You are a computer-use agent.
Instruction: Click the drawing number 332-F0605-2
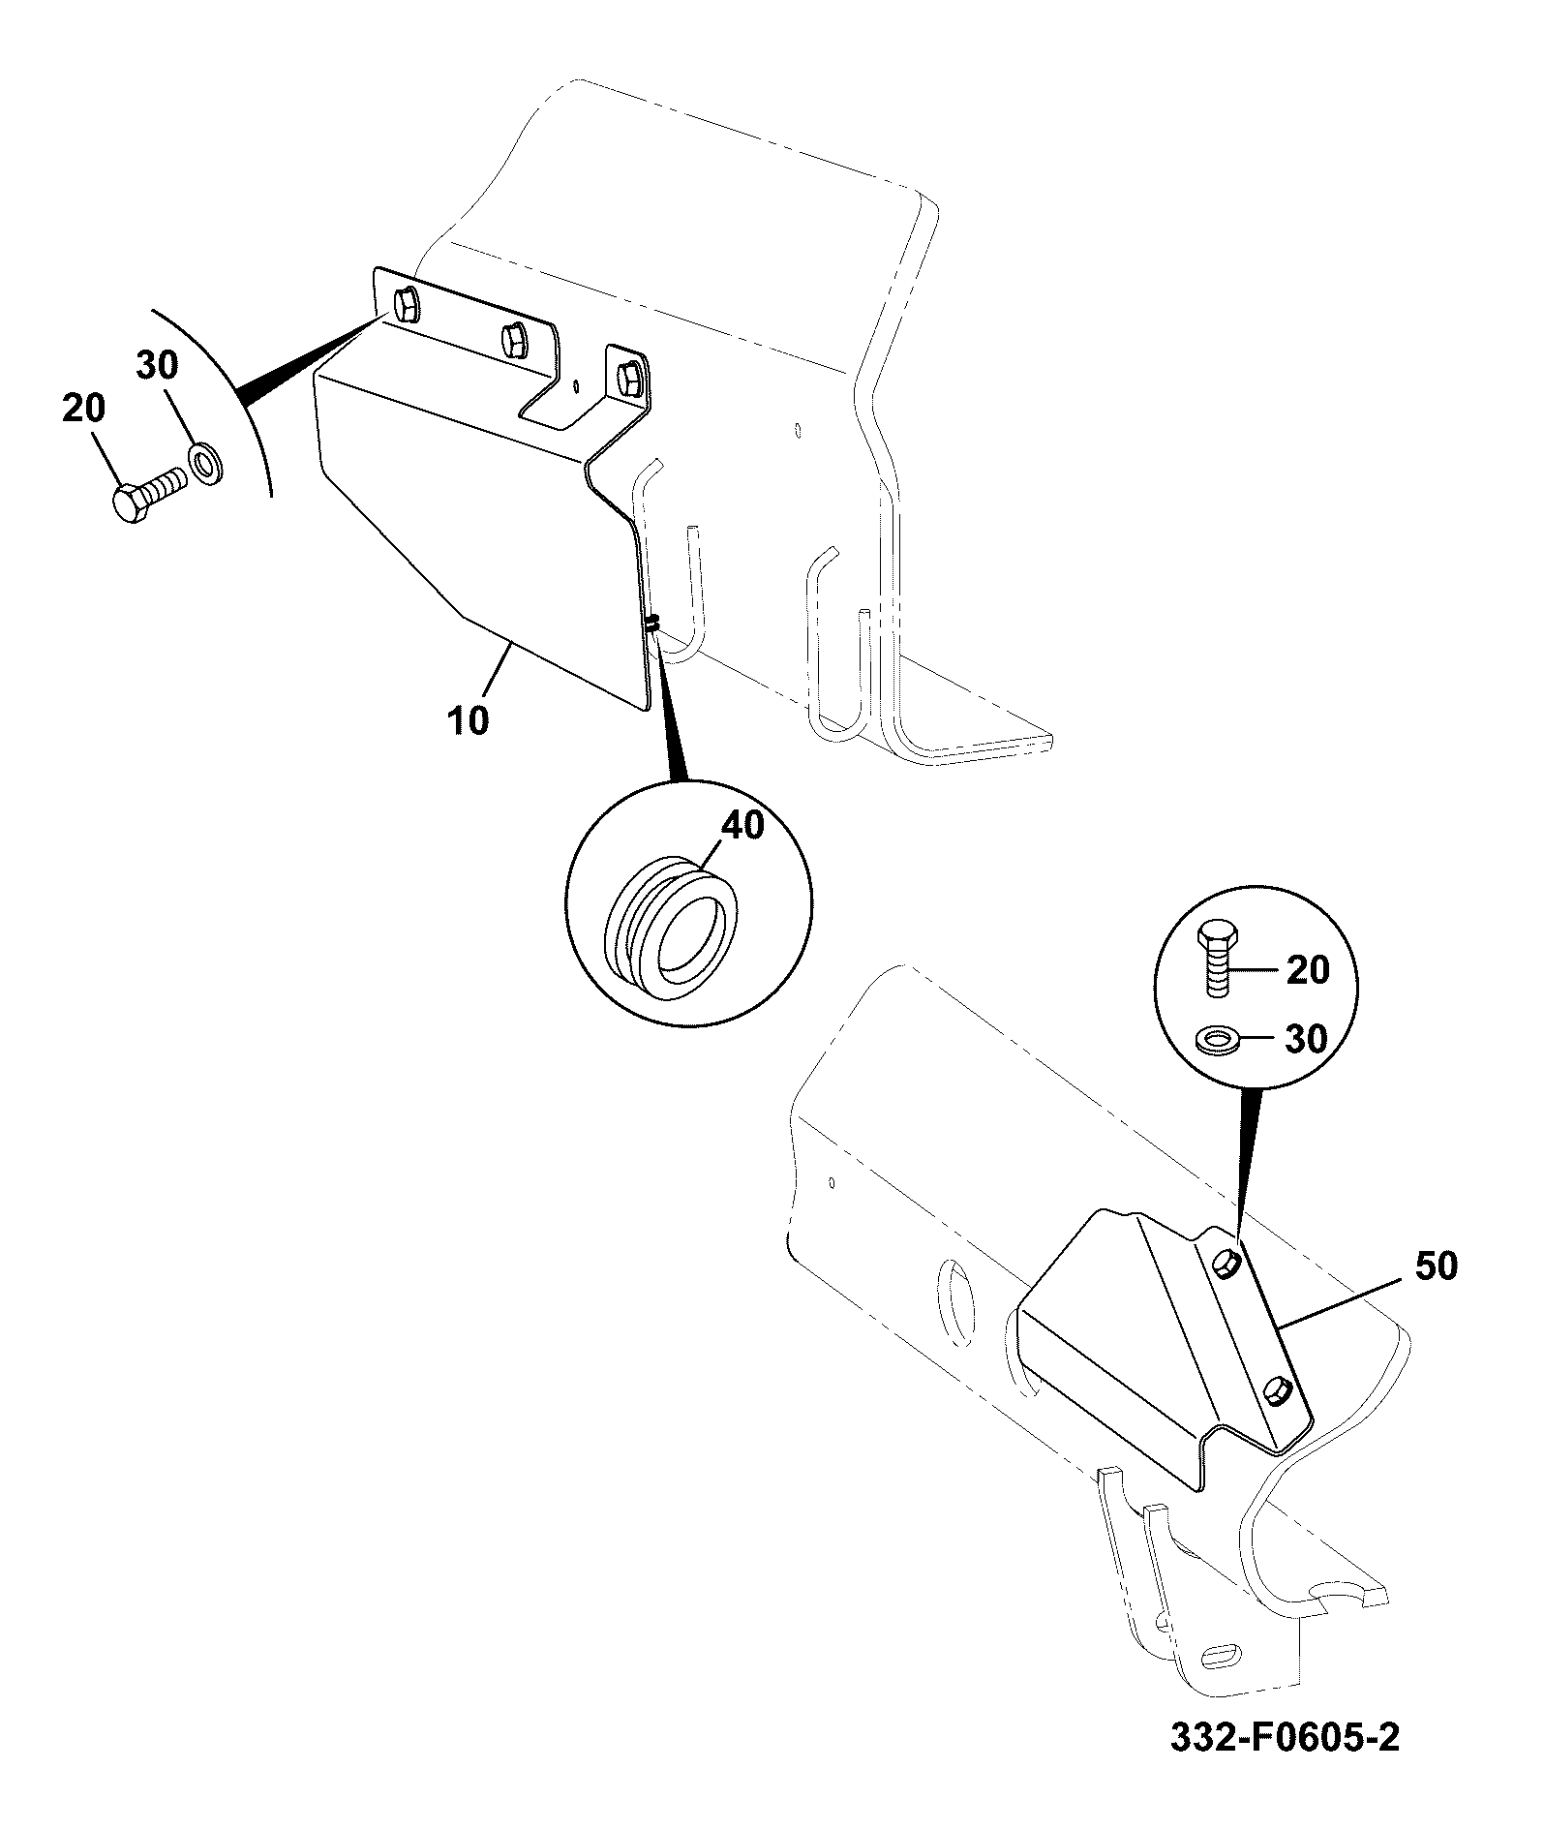click(1285, 1764)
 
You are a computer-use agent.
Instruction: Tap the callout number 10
click(469, 720)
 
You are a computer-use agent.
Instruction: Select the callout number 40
click(742, 825)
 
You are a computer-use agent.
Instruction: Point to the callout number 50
click(1435, 1266)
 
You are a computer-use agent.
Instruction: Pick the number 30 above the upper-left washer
click(157, 365)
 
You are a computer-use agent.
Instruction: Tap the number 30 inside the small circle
click(1307, 1039)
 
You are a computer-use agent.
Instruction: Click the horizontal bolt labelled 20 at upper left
click(148, 495)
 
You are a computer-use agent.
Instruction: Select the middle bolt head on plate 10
click(513, 338)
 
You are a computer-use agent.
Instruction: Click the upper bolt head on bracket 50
click(1225, 1262)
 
